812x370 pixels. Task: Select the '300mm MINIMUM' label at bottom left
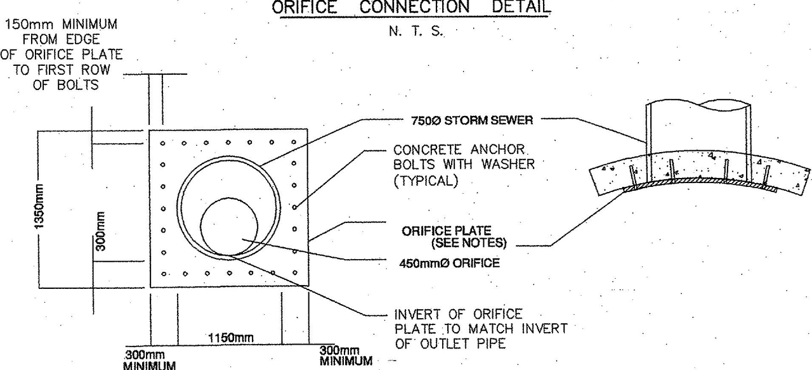[149, 359]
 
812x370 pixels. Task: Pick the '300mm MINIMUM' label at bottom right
[345, 355]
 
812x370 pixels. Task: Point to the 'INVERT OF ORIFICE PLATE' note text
[480, 328]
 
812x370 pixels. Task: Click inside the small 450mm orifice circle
[229, 226]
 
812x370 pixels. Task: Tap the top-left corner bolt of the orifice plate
[163, 143]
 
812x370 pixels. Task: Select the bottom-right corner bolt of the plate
[294, 273]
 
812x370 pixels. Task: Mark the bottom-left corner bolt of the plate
[163, 274]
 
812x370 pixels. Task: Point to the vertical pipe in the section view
[698, 130]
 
